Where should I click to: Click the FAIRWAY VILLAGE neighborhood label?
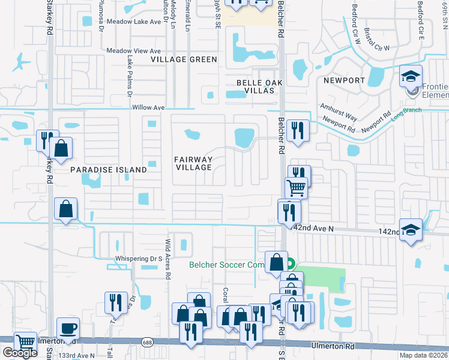pyautogui.click(x=193, y=163)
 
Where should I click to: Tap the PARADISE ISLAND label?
pyautogui.click(x=109, y=170)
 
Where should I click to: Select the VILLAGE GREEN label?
pyautogui.click(x=184, y=59)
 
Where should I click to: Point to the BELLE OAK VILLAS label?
pyautogui.click(x=255, y=86)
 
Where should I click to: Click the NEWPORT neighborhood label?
pyautogui.click(x=344, y=80)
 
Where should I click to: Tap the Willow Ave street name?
pyautogui.click(x=148, y=108)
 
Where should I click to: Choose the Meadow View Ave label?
pyautogui.click(x=134, y=51)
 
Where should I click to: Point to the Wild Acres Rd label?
pyautogui.click(x=169, y=253)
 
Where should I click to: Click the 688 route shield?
pyautogui.click(x=147, y=342)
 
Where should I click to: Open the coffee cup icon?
pyautogui.click(x=67, y=329)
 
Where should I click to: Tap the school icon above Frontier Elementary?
pyautogui.click(x=411, y=76)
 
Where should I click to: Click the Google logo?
pyautogui.click(x=20, y=353)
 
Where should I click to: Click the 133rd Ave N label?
pyautogui.click(x=76, y=356)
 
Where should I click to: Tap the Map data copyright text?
pyautogui.click(x=424, y=355)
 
